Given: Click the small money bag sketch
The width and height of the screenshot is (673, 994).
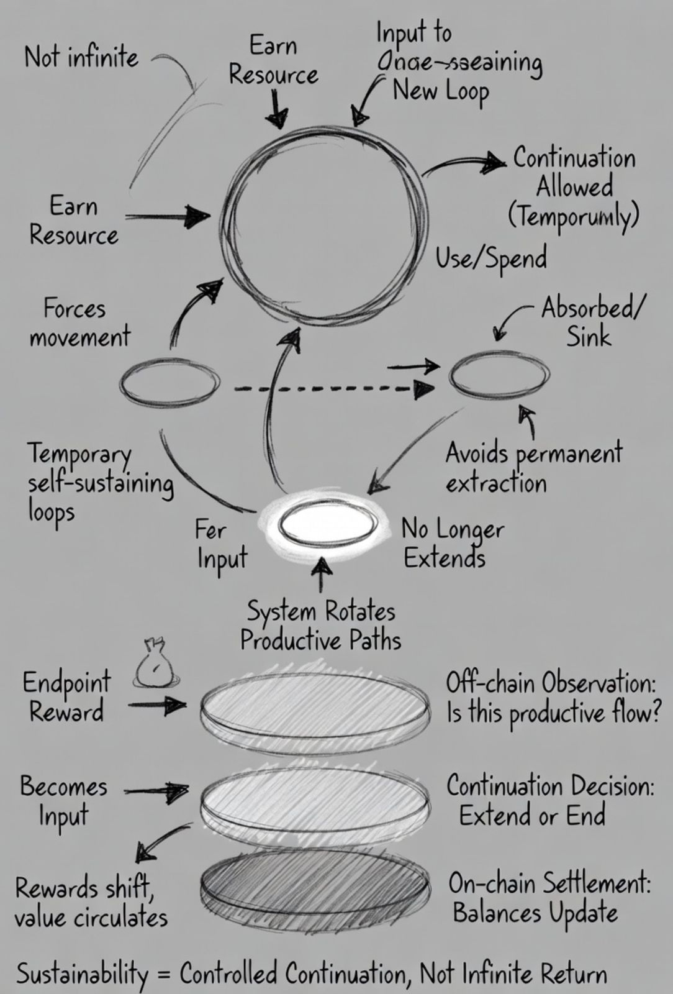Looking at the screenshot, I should pyautogui.click(x=154, y=665).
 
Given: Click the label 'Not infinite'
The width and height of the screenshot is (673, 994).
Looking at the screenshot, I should pyautogui.click(x=81, y=58).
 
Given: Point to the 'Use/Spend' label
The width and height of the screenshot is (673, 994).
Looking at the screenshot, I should pyautogui.click(x=491, y=258).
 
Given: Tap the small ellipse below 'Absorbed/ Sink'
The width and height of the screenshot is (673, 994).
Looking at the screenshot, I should pyautogui.click(x=499, y=375).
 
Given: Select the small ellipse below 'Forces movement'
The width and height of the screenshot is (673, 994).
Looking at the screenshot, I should pyautogui.click(x=169, y=383).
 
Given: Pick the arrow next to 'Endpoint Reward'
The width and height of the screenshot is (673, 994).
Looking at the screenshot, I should pyautogui.click(x=158, y=706).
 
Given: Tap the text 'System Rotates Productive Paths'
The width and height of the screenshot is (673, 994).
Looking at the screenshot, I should pyautogui.click(x=321, y=626).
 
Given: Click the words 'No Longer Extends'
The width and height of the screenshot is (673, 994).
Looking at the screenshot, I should pyautogui.click(x=452, y=544).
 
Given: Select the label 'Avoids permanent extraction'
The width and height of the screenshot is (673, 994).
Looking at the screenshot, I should pyautogui.click(x=533, y=467).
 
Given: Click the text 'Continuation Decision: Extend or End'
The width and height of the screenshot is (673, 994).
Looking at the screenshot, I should pyautogui.click(x=549, y=800).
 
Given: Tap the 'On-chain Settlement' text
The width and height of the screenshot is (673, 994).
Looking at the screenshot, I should pyautogui.click(x=549, y=883).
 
